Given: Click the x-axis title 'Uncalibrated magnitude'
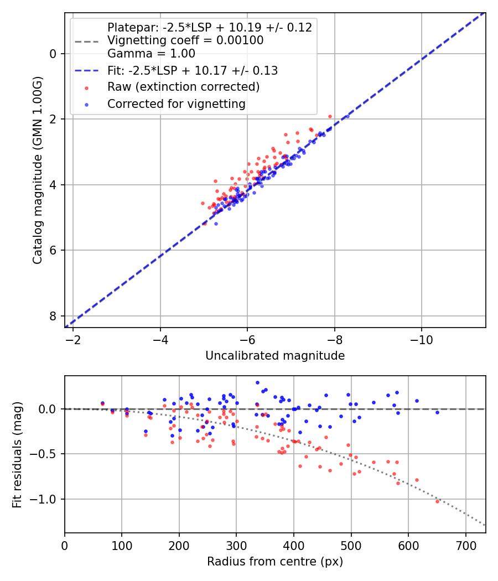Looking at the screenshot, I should click(x=275, y=356).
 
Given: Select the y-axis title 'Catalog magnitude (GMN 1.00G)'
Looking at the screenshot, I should click(x=38, y=169).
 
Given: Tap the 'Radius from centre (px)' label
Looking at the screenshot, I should click(x=275, y=562).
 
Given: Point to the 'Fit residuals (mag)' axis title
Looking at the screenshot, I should click(x=17, y=454).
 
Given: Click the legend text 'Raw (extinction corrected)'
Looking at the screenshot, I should click(x=183, y=87).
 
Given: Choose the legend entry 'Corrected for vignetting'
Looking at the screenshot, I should click(x=177, y=103).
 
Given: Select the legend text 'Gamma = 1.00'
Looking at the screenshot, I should click(x=151, y=54).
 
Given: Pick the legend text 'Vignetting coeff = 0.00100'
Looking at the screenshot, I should click(x=185, y=40).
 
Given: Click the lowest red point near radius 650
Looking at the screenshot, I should click(x=437, y=501).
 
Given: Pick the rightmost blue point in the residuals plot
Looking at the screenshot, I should click(x=437, y=412).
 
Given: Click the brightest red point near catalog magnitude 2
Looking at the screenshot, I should click(x=330, y=116).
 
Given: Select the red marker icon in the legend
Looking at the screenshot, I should click(x=86, y=87).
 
